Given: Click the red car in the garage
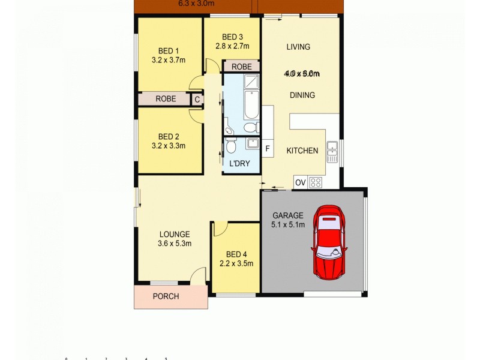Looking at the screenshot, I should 328,241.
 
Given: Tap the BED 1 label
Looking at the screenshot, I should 169,50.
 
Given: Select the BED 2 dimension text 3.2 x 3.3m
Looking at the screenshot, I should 169,145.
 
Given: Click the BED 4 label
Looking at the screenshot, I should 236,253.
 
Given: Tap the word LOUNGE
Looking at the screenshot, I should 175,234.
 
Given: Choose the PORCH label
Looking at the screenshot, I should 166,296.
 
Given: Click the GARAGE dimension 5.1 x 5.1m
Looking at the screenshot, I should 289,225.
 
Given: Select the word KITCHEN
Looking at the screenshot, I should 302,151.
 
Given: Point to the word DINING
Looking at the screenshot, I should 302,95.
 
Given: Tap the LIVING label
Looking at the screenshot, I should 298,47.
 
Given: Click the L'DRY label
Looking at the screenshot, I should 240,164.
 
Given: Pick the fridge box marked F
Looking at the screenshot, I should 268,148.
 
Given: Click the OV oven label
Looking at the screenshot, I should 301,182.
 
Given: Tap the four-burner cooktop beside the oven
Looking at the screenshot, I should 316,182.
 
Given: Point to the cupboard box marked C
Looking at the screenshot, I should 196,100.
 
